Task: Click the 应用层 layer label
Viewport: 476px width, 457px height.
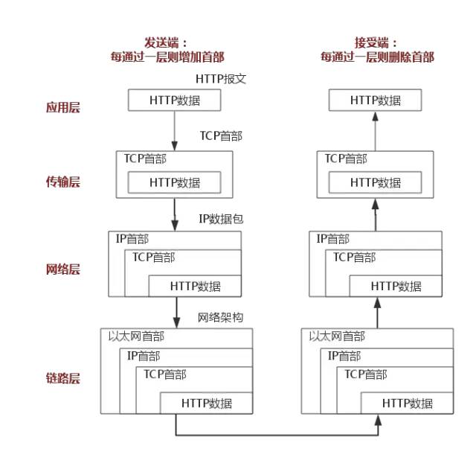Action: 62,107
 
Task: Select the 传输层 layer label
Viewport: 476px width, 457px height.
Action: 62,182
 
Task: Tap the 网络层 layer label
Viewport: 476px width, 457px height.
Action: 62,269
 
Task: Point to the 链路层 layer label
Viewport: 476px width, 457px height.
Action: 62,378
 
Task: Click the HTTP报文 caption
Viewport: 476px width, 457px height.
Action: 220,78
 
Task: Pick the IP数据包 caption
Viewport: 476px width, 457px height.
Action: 221,219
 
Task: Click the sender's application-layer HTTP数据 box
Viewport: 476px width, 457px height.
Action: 175,100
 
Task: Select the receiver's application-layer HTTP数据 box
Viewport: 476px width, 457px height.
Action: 376,100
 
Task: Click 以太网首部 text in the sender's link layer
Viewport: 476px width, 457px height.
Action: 135,337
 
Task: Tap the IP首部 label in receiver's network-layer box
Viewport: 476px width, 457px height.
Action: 332,239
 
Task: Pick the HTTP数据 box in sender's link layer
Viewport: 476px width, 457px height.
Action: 206,403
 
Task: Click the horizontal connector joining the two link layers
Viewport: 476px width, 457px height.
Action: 275,435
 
